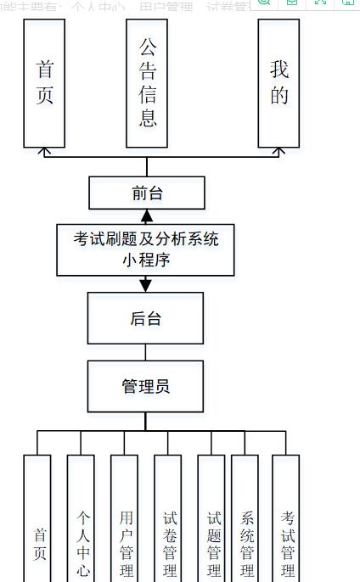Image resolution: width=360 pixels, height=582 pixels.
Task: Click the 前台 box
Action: click(x=147, y=193)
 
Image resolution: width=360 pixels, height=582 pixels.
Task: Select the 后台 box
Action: click(x=145, y=318)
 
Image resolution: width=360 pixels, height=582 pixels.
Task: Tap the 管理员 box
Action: click(x=145, y=386)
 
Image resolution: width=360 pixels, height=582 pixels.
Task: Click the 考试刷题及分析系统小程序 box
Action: click(x=145, y=249)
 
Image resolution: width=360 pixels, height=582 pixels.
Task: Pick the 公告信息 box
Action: click(x=147, y=83)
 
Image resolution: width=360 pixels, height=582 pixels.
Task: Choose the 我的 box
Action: click(x=278, y=83)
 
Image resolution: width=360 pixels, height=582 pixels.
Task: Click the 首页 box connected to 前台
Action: click(x=45, y=83)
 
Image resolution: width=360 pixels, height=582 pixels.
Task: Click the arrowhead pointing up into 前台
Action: click(x=147, y=215)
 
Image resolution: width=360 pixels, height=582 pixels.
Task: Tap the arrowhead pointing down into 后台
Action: click(x=145, y=285)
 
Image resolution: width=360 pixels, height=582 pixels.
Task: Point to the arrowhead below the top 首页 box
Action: click(x=45, y=152)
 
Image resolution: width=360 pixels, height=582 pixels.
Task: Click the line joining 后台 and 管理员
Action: click(x=145, y=352)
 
